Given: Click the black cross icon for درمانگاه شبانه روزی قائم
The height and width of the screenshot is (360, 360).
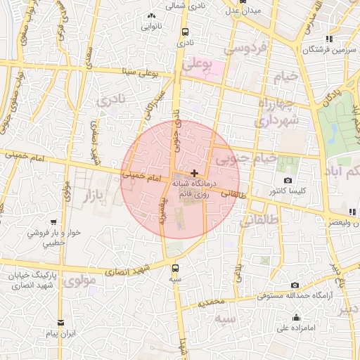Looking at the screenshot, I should click(194, 173).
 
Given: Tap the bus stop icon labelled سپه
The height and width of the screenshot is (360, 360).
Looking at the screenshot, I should click(175, 267).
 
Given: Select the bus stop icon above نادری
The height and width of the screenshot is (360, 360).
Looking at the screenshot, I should click(185, 32).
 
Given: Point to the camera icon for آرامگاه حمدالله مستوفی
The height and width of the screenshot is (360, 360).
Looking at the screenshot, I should click(294, 285).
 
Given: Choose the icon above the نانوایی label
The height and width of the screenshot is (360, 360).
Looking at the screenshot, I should click(151, 16).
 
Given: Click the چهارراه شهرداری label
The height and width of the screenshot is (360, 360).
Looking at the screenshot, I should click(278, 112).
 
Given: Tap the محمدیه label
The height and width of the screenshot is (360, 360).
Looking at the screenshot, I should click(210, 303).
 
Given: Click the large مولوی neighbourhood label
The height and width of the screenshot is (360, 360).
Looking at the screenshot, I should click(79, 281).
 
